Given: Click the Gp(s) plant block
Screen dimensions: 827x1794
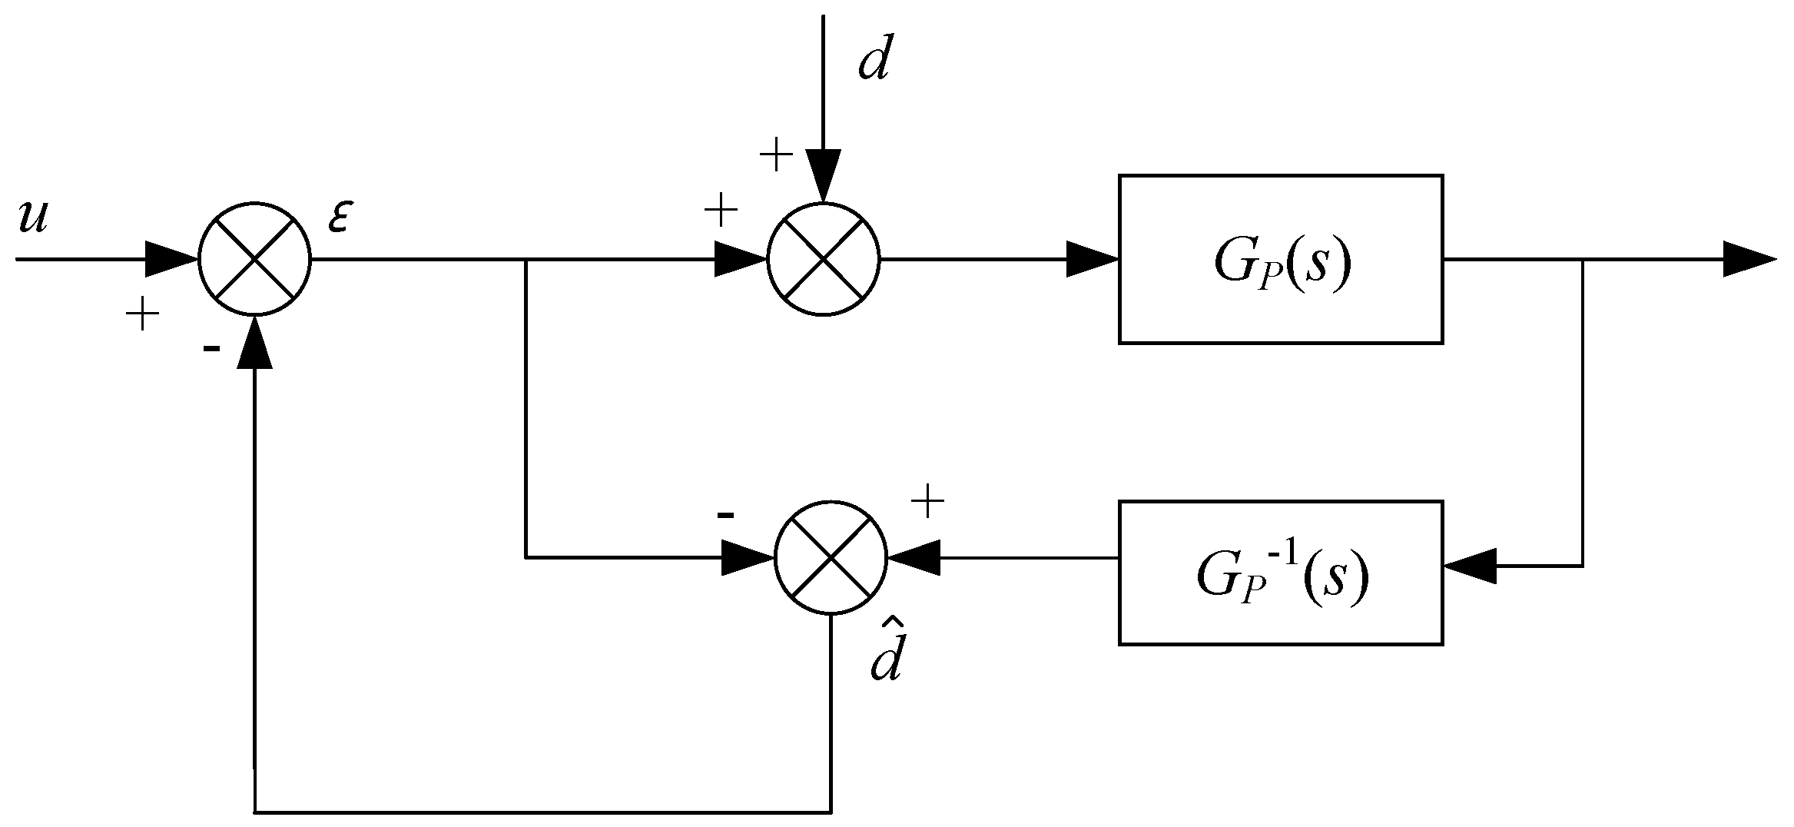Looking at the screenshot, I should [1280, 259].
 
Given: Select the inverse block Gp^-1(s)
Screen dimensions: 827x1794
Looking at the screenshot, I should [1280, 572].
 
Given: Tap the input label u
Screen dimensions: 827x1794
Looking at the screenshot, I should [34, 218].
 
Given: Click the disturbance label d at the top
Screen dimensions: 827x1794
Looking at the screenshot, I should [874, 61].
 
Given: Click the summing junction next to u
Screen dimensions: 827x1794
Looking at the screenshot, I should [254, 259].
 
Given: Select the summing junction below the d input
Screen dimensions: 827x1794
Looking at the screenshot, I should [823, 259].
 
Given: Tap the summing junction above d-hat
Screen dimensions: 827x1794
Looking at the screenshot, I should [831, 557].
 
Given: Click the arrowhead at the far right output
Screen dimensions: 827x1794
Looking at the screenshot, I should [1748, 259].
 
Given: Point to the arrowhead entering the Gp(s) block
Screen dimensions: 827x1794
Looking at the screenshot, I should [1091, 259].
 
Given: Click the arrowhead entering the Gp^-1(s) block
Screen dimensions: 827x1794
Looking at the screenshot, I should [1470, 566].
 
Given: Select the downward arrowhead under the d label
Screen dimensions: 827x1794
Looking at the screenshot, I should [823, 175].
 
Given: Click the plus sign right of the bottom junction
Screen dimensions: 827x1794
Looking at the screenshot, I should [927, 503].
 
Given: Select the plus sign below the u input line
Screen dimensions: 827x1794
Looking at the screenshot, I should [142, 315].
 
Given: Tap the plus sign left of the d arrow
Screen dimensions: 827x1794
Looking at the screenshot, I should [776, 156].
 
